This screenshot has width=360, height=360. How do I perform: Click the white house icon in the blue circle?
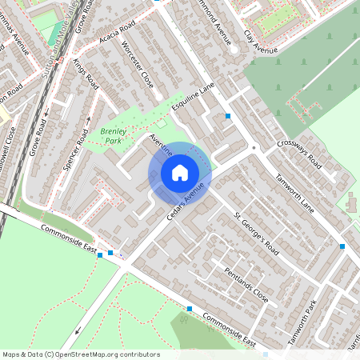(179, 172)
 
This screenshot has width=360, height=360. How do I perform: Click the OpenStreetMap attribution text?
(80, 354)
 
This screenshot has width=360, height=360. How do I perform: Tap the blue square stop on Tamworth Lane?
(342, 246)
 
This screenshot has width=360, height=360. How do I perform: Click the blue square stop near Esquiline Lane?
(228, 116)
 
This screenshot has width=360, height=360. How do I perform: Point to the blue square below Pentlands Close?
(190, 309)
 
